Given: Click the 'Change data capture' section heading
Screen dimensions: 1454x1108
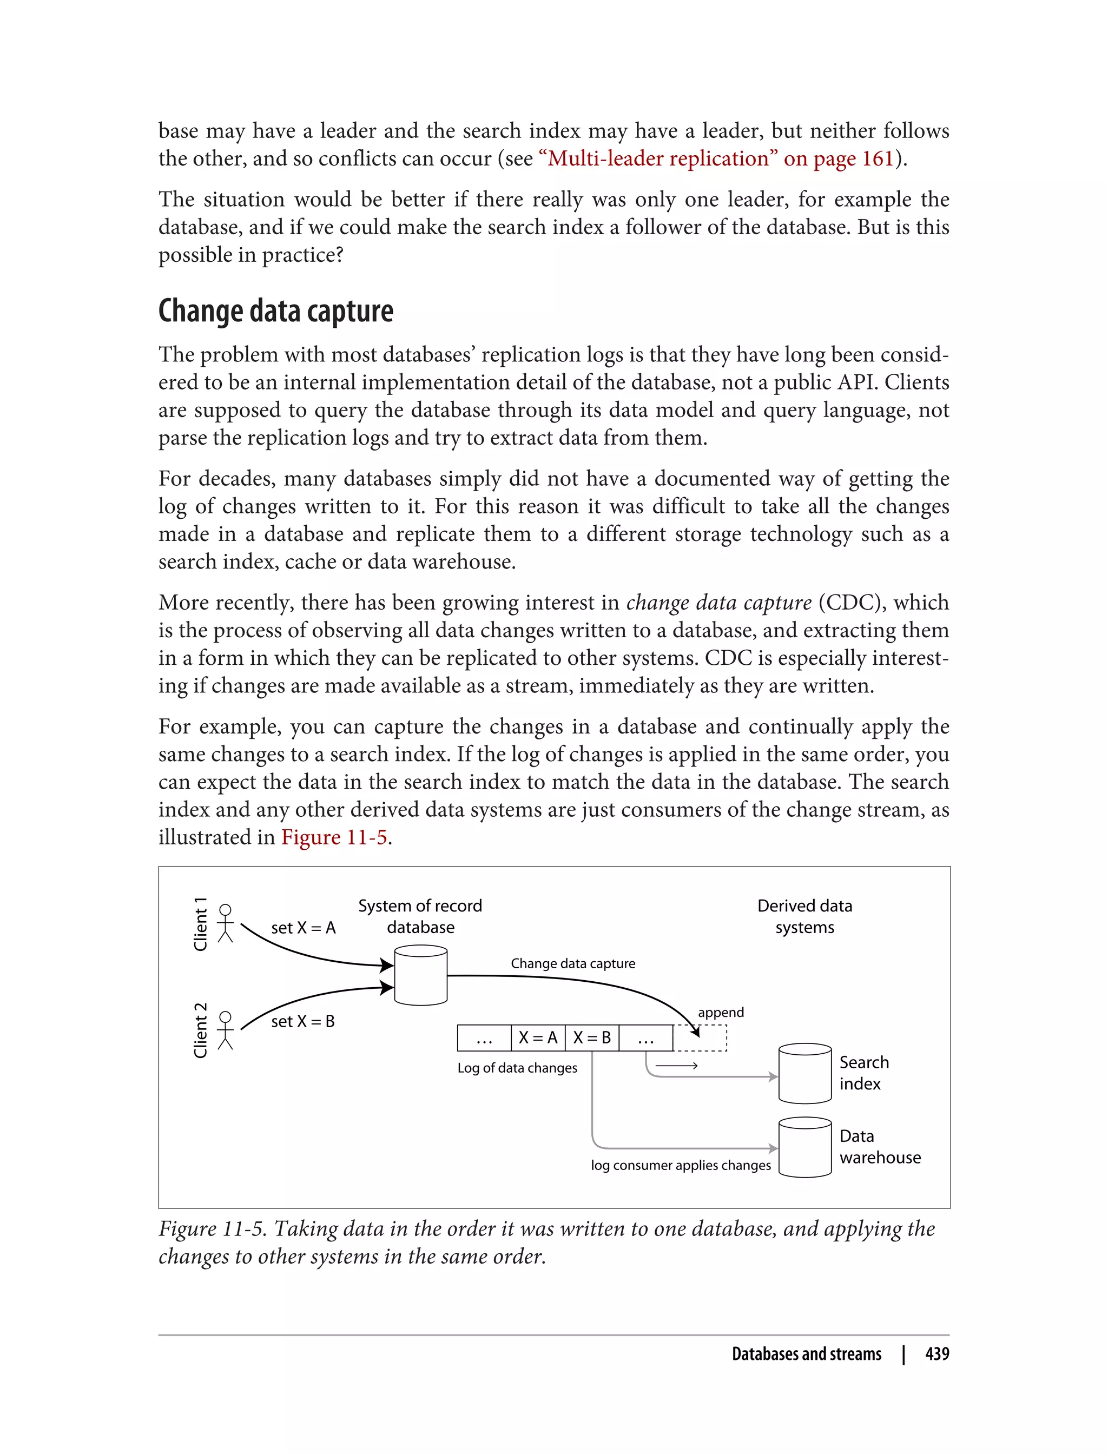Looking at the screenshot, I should coord(276,310).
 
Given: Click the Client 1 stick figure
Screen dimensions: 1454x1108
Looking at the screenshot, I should coord(226,923).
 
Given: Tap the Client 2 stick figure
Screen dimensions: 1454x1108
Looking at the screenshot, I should coord(226,1030).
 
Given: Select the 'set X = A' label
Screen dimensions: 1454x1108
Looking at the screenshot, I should coord(304,928).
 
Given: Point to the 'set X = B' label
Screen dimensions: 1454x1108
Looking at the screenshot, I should coord(303,1021).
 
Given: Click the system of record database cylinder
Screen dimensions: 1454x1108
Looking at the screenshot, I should coord(421,976).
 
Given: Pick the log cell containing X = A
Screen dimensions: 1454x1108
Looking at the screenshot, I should coord(538,1038).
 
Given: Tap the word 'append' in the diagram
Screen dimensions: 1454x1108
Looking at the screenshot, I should coord(721,1012).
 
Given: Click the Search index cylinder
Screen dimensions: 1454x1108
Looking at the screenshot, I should coord(804,1073).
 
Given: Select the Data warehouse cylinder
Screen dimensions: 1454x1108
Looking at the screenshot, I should coord(804,1147).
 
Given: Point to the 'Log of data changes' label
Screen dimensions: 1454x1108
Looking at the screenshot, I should coord(517,1068).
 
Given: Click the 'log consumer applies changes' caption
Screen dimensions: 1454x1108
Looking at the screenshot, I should coord(681,1165).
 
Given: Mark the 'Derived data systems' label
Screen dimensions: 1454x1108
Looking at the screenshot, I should coord(804,916).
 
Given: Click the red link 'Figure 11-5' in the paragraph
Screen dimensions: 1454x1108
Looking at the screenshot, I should coord(334,837).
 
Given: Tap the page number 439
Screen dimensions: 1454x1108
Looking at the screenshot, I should coord(937,1354).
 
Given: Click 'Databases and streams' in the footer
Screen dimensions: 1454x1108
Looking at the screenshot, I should coord(806,1354).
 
